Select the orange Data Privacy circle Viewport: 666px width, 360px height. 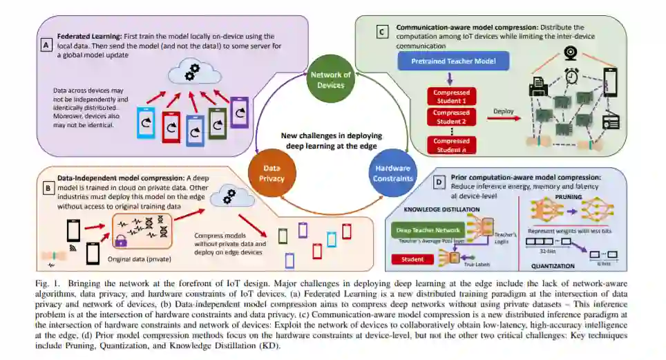click(271, 173)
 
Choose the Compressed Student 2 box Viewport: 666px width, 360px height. click(451, 117)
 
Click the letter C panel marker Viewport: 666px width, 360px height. click(381, 31)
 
